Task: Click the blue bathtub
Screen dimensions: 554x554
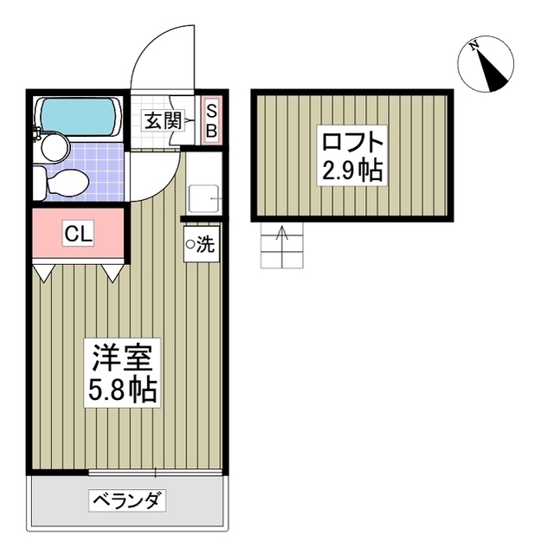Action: click(x=79, y=116)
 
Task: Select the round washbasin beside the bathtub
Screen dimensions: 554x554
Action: click(x=55, y=148)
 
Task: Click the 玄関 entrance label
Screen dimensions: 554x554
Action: click(x=163, y=121)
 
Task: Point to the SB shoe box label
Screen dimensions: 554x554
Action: click(x=211, y=121)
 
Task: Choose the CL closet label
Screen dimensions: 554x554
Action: click(x=78, y=233)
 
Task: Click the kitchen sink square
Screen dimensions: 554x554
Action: click(x=203, y=199)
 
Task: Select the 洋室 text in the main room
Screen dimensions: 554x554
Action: click(x=122, y=358)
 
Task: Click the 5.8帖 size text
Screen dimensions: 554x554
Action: click(x=122, y=389)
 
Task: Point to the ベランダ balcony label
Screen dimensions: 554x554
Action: click(x=127, y=500)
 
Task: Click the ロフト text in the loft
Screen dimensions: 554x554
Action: click(x=352, y=142)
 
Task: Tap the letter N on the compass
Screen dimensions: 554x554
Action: click(x=473, y=45)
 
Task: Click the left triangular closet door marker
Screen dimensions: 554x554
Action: click(x=43, y=274)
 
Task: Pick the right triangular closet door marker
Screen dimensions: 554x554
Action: click(x=113, y=274)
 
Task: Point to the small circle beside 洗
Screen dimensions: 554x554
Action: click(x=190, y=244)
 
